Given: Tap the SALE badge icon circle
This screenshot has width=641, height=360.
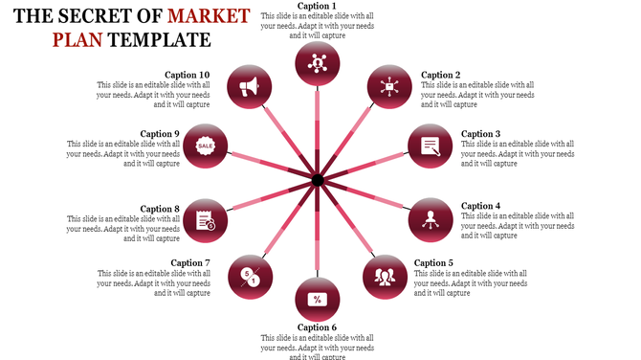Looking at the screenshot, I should [x=206, y=146].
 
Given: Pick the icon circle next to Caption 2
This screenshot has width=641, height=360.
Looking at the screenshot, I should [x=387, y=87].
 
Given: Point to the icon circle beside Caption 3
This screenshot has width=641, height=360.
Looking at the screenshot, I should [x=431, y=146].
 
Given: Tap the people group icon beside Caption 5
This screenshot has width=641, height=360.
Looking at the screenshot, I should [x=386, y=277].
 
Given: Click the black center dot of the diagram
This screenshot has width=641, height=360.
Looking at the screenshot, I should [x=318, y=180].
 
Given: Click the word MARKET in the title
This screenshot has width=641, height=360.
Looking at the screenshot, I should [x=209, y=16].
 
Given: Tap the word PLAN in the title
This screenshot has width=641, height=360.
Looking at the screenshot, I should [x=78, y=40].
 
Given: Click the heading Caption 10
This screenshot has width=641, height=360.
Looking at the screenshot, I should [x=188, y=75].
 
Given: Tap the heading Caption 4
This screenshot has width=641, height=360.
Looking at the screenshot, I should [x=480, y=206].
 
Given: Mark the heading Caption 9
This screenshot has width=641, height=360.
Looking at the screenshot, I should [x=160, y=134].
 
